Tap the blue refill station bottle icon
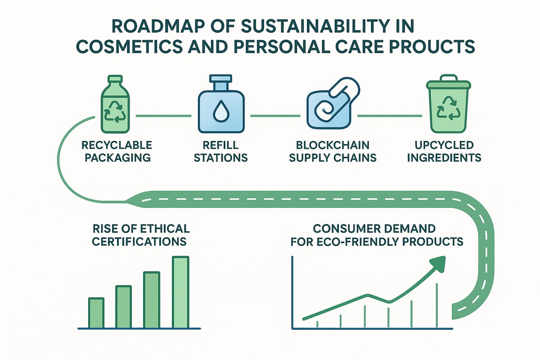(x=220, y=110)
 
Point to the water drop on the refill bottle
(x=220, y=114)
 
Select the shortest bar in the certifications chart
(x=96, y=312)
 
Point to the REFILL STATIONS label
(x=220, y=152)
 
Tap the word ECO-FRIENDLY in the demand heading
(x=360, y=241)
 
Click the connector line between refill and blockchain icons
(x=275, y=116)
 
